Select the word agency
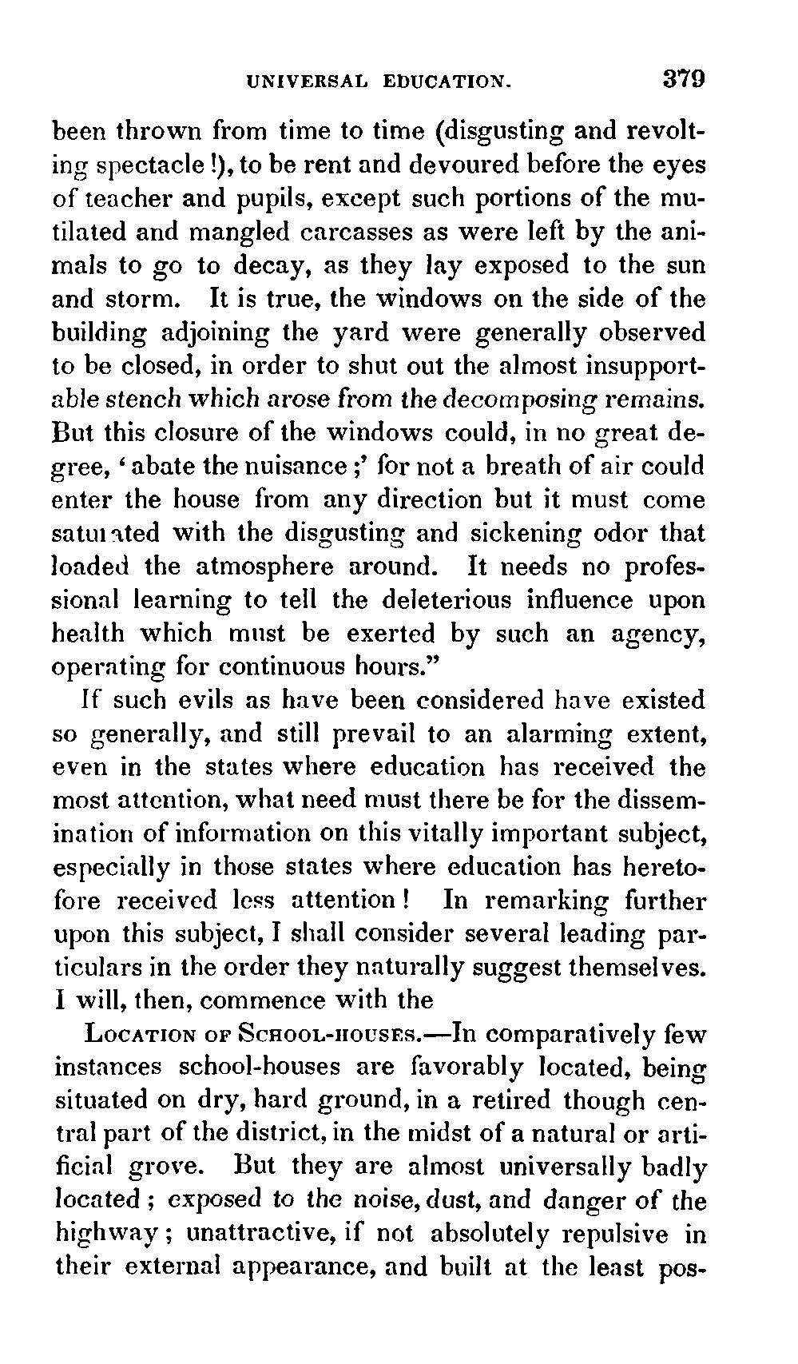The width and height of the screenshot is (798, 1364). [x=656, y=635]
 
